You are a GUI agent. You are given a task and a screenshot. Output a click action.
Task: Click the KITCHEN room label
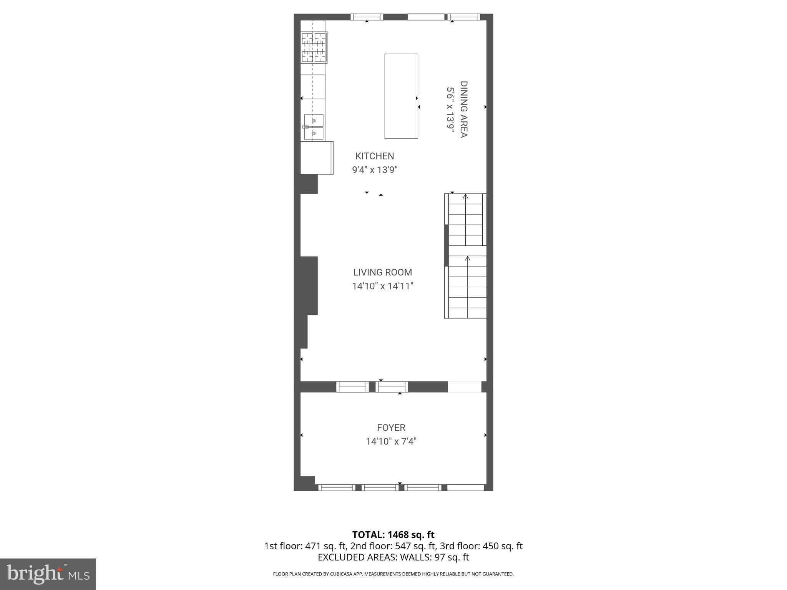click(x=375, y=156)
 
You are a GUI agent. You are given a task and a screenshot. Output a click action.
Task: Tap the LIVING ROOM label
click(x=382, y=272)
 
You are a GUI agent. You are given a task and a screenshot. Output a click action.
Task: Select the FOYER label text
click(x=391, y=428)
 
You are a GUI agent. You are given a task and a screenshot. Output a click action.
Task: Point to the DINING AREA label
click(x=464, y=109)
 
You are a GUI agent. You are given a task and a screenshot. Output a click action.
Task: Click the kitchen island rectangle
click(x=401, y=96)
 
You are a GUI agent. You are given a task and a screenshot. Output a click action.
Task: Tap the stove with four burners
click(x=314, y=47)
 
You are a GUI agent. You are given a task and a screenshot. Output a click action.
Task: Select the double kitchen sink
click(x=314, y=127)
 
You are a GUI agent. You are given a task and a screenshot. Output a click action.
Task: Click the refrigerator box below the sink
click(x=316, y=158)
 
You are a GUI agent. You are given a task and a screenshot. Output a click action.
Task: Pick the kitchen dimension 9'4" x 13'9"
click(x=375, y=170)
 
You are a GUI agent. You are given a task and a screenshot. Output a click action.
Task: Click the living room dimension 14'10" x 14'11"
click(x=382, y=286)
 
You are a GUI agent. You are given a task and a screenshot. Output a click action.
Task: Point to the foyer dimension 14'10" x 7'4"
click(x=391, y=441)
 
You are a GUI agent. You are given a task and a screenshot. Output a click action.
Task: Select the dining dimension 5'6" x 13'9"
click(x=450, y=109)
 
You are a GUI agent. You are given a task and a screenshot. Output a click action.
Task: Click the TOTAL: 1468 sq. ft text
click(x=393, y=535)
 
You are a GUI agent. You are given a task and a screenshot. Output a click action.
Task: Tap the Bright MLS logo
click(x=48, y=574)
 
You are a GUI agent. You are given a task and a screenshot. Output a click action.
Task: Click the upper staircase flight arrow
click(x=466, y=197)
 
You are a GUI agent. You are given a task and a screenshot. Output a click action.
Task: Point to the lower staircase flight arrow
click(x=468, y=259)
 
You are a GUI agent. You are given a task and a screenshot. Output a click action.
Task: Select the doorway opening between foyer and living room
click(x=464, y=387)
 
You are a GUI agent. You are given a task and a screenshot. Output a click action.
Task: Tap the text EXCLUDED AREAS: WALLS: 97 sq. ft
click(x=393, y=557)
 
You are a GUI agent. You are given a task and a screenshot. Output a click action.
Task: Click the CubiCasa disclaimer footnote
click(x=393, y=574)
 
